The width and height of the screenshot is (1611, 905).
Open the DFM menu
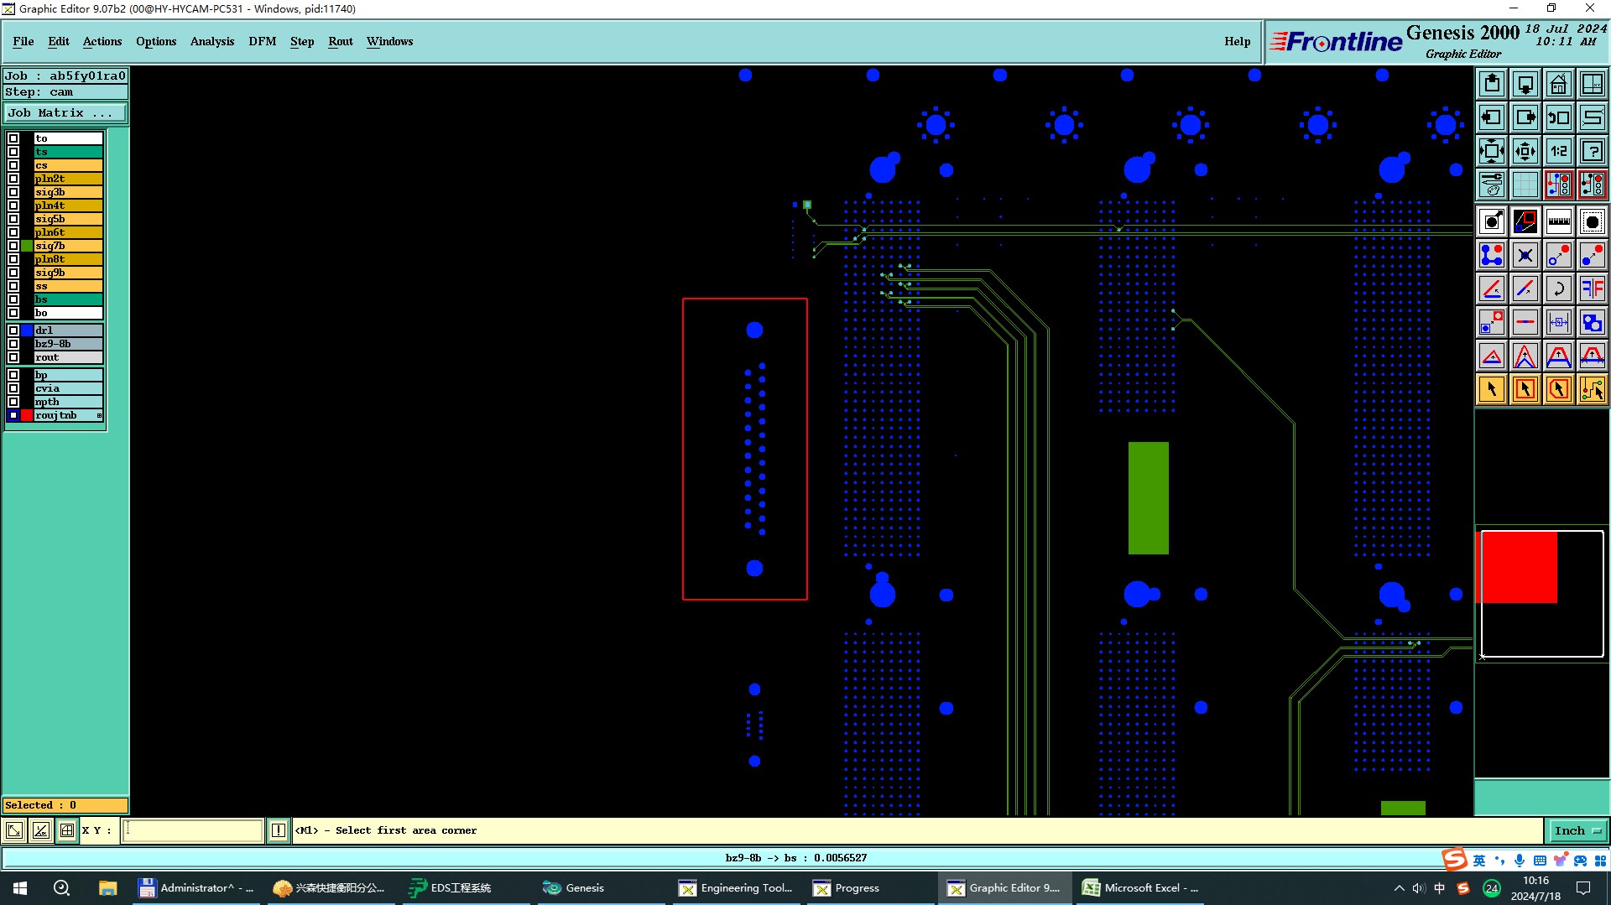[x=262, y=41]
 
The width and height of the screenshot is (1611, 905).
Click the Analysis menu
[x=212, y=41]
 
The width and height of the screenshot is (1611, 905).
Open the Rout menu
[x=341, y=41]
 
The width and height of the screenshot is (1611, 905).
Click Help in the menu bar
[x=1237, y=41]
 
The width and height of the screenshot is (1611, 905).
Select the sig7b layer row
[x=68, y=246]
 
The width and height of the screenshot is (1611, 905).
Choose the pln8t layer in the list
[x=68, y=259]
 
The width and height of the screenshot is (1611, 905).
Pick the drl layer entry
[x=68, y=330]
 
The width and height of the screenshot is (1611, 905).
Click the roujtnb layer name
[x=56, y=415]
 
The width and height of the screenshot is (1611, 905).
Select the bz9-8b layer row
[x=68, y=344]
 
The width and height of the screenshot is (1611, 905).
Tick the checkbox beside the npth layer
[x=13, y=402]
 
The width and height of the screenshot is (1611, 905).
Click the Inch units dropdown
[x=1577, y=830]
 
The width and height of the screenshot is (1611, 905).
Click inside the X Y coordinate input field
[x=193, y=830]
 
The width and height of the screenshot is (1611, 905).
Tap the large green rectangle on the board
[x=1148, y=498]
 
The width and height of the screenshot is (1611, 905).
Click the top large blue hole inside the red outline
[x=754, y=330]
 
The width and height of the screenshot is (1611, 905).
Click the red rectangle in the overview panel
[x=1518, y=567]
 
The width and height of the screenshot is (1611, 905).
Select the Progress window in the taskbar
[x=847, y=887]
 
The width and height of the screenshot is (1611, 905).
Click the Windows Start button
[x=20, y=887]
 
